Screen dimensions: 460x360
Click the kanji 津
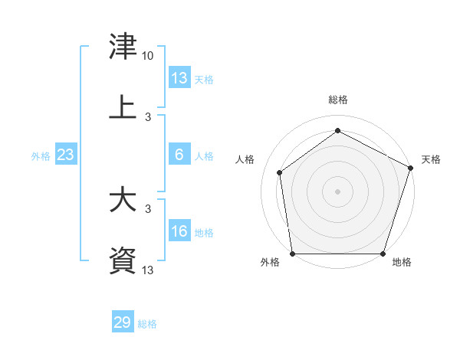coord(123,46)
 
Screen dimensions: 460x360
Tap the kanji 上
coord(123,106)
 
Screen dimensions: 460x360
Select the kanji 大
coord(123,198)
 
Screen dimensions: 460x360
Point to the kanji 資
coord(123,260)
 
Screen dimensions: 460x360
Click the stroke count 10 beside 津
coord(147,56)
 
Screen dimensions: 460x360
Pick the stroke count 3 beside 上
coord(148,117)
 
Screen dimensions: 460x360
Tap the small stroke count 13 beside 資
coord(147,270)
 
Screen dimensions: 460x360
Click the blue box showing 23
coord(66,154)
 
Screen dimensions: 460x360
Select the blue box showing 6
coord(179,154)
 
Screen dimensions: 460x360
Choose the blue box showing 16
coord(179,230)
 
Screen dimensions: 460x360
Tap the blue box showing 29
coord(123,321)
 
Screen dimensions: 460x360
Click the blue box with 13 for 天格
coord(179,77)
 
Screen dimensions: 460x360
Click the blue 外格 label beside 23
coord(41,156)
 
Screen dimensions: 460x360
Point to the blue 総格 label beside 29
coord(147,324)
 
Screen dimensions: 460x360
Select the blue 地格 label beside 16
coord(204,233)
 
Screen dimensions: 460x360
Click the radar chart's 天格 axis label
coord(431,159)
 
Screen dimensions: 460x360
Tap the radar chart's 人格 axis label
coord(245,159)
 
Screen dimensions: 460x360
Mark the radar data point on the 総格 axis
coord(337,130)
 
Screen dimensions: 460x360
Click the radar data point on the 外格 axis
coord(293,254)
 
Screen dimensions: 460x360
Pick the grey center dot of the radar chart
coord(337,191)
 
